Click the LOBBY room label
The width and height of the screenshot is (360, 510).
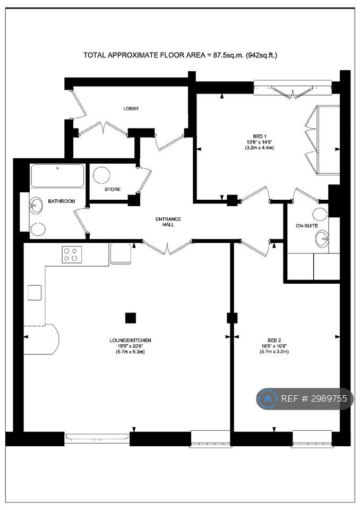point(131,108)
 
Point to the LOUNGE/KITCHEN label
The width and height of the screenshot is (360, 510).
point(130,340)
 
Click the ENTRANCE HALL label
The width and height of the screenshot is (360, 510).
point(168,222)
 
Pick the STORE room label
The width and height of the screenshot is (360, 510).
point(113,189)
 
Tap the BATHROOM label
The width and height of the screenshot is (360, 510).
point(62,201)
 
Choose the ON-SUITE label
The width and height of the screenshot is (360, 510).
point(307,225)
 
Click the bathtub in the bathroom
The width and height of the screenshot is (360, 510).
point(57,176)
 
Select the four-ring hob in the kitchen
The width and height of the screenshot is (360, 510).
point(72,254)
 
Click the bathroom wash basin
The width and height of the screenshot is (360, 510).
point(36,205)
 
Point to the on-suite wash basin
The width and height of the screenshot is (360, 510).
point(322,239)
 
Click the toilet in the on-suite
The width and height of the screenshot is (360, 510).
point(320,214)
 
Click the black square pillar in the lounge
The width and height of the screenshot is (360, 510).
point(131,318)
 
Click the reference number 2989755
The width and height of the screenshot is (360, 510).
point(329,398)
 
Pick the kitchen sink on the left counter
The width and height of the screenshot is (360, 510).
point(35,292)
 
